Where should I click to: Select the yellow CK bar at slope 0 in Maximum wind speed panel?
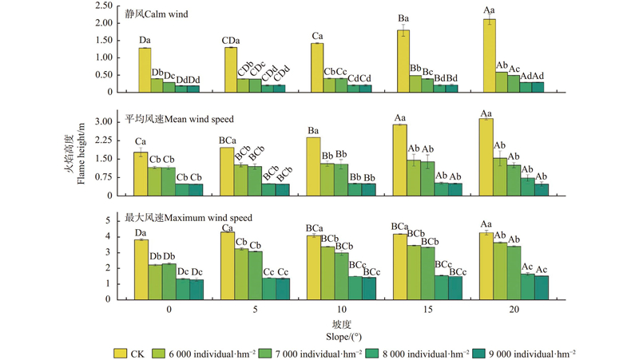tap(141, 269)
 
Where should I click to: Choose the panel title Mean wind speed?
tap(179, 119)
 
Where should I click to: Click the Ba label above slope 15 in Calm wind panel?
tap(403, 18)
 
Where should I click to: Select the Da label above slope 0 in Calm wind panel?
tap(145, 39)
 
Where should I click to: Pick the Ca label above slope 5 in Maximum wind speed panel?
tap(227, 226)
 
